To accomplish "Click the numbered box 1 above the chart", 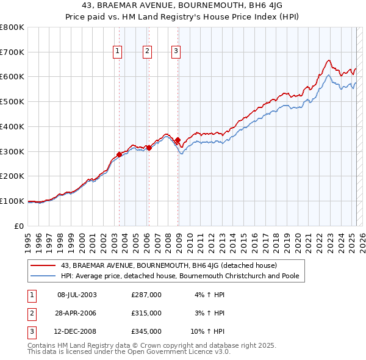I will [x=117, y=52].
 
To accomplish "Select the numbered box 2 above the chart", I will [x=148, y=52].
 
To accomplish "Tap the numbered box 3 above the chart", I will [x=175, y=52].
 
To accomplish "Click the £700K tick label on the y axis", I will [x=12, y=52].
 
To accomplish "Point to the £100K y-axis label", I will [x=12, y=201].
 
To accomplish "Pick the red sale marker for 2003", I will [x=120, y=154].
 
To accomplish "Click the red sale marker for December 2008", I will [x=178, y=140].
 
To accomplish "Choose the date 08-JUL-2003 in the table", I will [x=77, y=295].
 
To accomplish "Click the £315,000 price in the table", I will [x=146, y=313].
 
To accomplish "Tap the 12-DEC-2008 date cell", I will [x=77, y=331].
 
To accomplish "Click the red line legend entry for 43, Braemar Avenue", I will [x=169, y=265].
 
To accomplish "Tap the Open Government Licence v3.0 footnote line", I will [x=129, y=352].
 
